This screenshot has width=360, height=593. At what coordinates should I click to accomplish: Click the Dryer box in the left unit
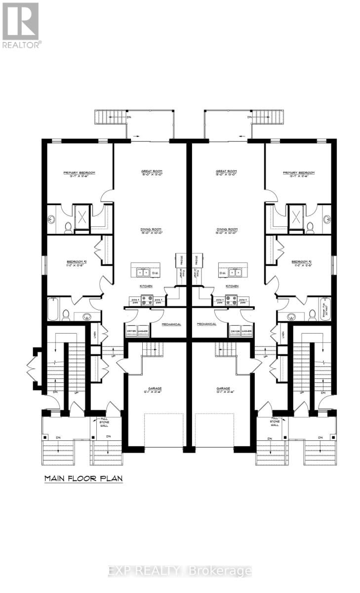(131, 331)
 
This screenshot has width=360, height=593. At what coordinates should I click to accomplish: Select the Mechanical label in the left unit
(171, 324)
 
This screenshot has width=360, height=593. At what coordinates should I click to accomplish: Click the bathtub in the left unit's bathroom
(53, 309)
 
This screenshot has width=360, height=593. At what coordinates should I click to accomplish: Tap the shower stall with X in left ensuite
(81, 216)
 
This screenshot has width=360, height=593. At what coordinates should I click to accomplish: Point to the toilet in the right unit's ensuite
(311, 227)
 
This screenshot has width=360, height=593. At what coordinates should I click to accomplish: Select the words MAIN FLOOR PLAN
(83, 478)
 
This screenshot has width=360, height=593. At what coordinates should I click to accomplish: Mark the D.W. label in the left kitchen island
(155, 273)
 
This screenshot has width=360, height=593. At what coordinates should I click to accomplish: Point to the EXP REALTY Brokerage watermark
(180, 571)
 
